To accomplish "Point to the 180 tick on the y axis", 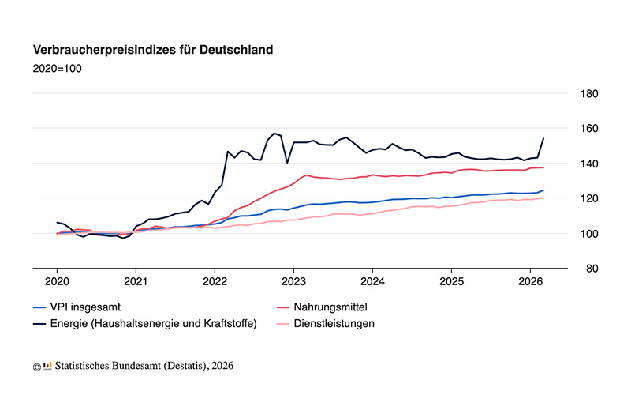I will [589, 94].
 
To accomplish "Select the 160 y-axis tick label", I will [589, 129].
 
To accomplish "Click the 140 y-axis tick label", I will [589, 164].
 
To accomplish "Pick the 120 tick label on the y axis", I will [589, 198].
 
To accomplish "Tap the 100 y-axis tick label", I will [589, 234].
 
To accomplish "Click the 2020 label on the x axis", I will [57, 281].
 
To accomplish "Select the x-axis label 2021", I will [136, 281].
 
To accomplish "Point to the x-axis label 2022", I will [215, 281].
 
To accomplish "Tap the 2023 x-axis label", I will [293, 281].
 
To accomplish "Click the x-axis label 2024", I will [372, 281].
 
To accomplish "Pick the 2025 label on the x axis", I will [451, 281].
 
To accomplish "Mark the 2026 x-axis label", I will [530, 281].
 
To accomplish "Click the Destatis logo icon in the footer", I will [47, 365].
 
